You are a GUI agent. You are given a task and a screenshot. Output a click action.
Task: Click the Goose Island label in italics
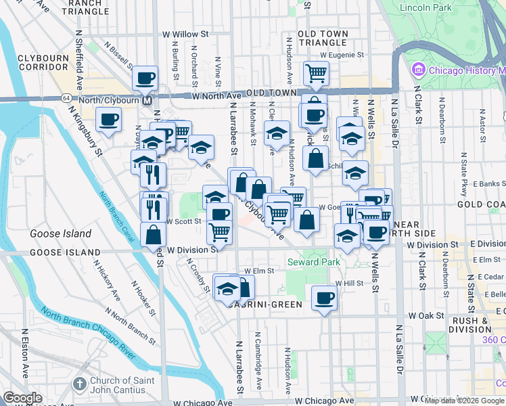coord(60,233)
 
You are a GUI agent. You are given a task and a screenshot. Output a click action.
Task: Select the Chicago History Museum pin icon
coord(417,70)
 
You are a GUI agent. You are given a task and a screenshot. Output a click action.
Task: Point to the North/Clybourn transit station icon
coord(146,100)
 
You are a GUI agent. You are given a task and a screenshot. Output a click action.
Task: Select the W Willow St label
coord(185,34)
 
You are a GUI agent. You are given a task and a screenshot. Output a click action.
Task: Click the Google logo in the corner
coord(22,398)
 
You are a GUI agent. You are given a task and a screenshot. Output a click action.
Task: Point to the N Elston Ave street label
coord(24,363)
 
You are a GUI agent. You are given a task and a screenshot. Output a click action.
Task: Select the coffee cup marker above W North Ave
coord(145,78)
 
